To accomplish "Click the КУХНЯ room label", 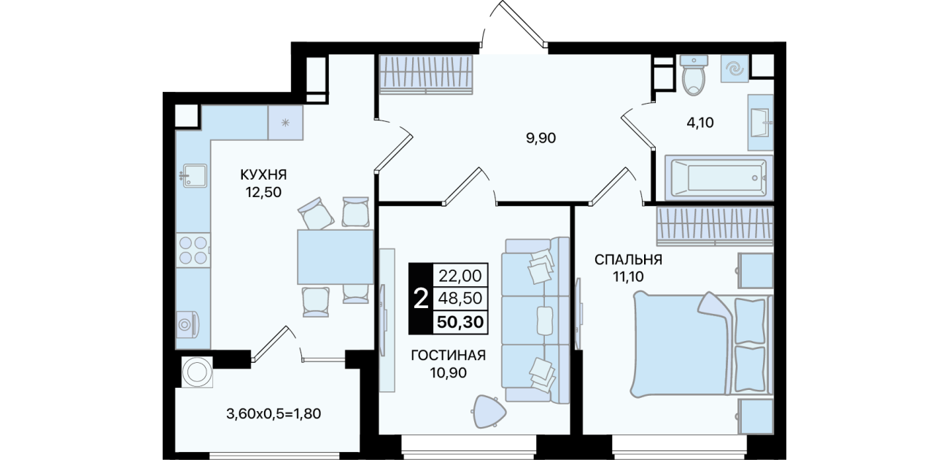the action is point(263,175).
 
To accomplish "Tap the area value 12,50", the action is point(263,193).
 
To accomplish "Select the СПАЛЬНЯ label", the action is point(628,259).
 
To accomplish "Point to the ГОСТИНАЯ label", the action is point(448,356).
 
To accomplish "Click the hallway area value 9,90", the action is point(541,138).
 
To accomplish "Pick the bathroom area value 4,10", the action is point(700,123).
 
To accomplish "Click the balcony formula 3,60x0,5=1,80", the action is point(274,413).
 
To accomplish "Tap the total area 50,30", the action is point(460,322).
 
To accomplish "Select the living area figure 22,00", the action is point(460,276).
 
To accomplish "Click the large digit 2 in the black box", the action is point(421,299).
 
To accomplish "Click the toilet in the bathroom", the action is point(694,74).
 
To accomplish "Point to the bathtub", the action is point(718,177).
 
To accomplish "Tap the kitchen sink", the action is point(195,175).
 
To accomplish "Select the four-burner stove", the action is point(193,250).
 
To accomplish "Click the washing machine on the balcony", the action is point(197,372).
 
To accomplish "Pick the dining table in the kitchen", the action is point(335,257).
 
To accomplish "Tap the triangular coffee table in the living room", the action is point(489,411).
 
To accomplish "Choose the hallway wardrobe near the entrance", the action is point(425,74).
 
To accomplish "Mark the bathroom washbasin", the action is point(761,123).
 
